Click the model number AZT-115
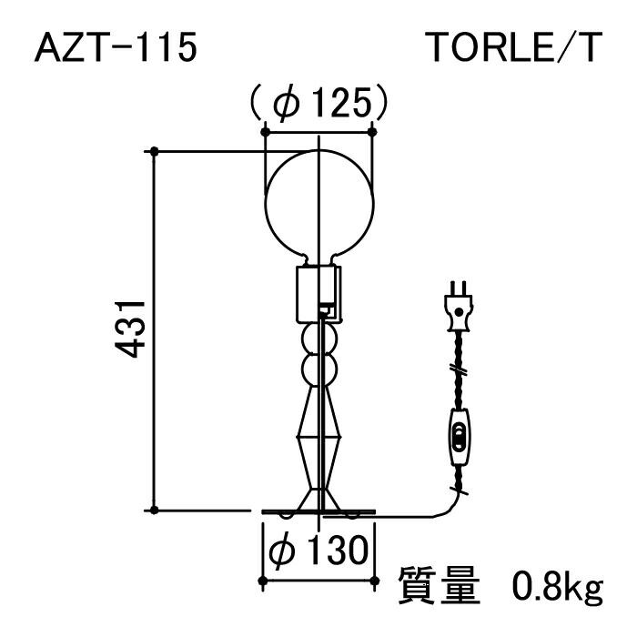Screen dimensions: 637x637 pyautogui.click(x=116, y=48)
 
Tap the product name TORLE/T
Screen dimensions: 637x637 pyautogui.click(x=515, y=48)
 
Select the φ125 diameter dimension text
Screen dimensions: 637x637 pyautogui.click(x=319, y=102)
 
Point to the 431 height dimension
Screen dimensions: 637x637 pyautogui.click(x=130, y=329)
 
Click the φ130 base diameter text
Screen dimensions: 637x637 pyautogui.click(x=318, y=550)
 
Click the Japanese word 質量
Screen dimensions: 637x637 pyautogui.click(x=439, y=585)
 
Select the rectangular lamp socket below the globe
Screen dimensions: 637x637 pyautogui.click(x=319, y=294)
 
